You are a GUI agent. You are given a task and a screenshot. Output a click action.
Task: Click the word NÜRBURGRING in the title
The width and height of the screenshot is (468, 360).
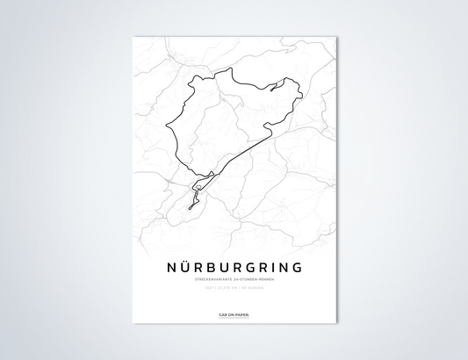pyautogui.click(x=234, y=266)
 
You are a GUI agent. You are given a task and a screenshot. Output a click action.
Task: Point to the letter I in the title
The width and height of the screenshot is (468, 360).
pyautogui.click(x=274, y=266)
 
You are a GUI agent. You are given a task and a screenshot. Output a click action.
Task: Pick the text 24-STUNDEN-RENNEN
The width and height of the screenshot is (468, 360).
pyautogui.click(x=257, y=279)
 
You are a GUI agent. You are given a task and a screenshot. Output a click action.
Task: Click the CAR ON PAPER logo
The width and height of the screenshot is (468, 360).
pyautogui.click(x=234, y=313)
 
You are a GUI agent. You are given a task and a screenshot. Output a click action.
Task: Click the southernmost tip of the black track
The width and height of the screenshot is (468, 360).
pyautogui.click(x=190, y=208)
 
